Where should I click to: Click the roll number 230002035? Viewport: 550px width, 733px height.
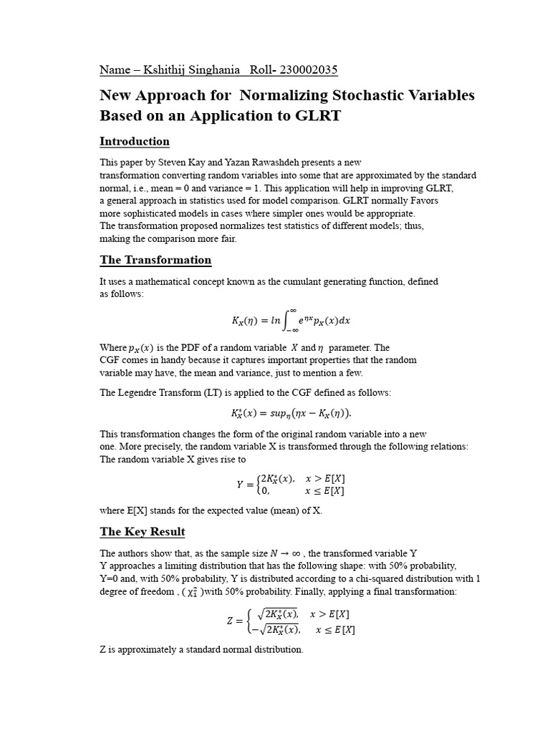pos(305,69)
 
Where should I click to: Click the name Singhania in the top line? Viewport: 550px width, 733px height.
pos(213,69)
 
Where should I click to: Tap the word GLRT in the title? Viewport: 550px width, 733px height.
pos(312,116)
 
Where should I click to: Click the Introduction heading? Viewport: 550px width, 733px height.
pos(135,141)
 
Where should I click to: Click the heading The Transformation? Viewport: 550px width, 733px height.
pos(155,260)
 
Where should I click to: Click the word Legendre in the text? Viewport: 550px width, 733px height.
pos(143,392)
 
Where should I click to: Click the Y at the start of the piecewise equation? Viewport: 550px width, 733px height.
pos(240,485)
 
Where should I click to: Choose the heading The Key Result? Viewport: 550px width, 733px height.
pos(143,532)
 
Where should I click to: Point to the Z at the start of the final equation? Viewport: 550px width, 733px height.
pos(230,621)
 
